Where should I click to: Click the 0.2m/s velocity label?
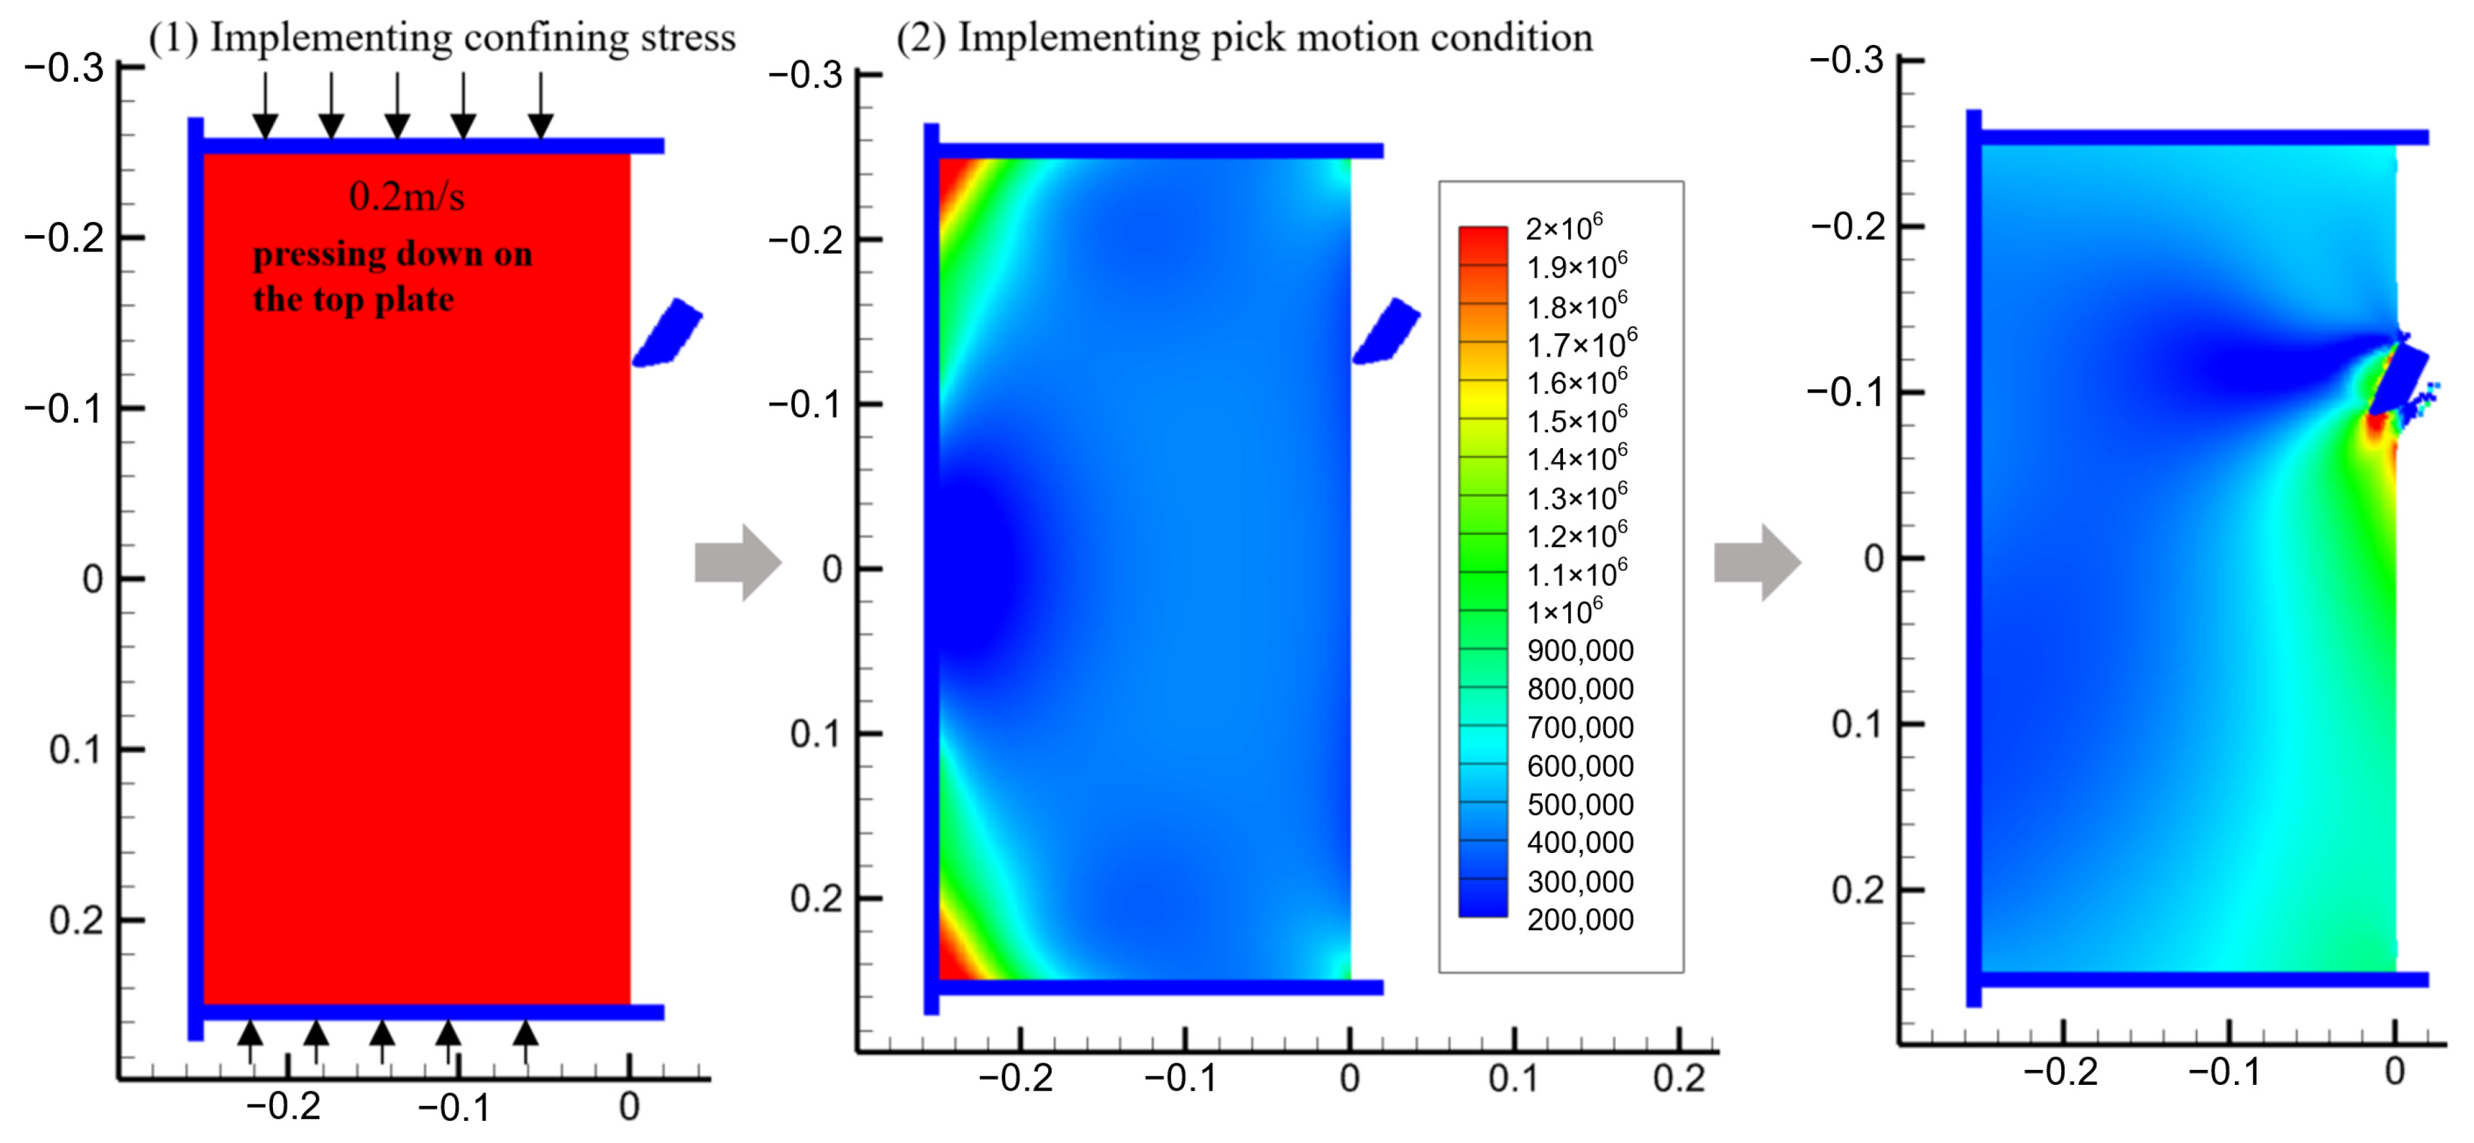pyautogui.click(x=406, y=197)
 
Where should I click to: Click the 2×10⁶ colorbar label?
pyautogui.click(x=1564, y=229)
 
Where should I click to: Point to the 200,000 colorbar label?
pyautogui.click(x=1580, y=920)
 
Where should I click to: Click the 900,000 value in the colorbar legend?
pyautogui.click(x=1580, y=651)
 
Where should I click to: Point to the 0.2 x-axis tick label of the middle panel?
pyautogui.click(x=1678, y=1078)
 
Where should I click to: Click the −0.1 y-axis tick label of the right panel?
pyautogui.click(x=1845, y=392)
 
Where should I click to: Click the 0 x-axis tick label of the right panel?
pyautogui.click(x=2394, y=1072)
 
